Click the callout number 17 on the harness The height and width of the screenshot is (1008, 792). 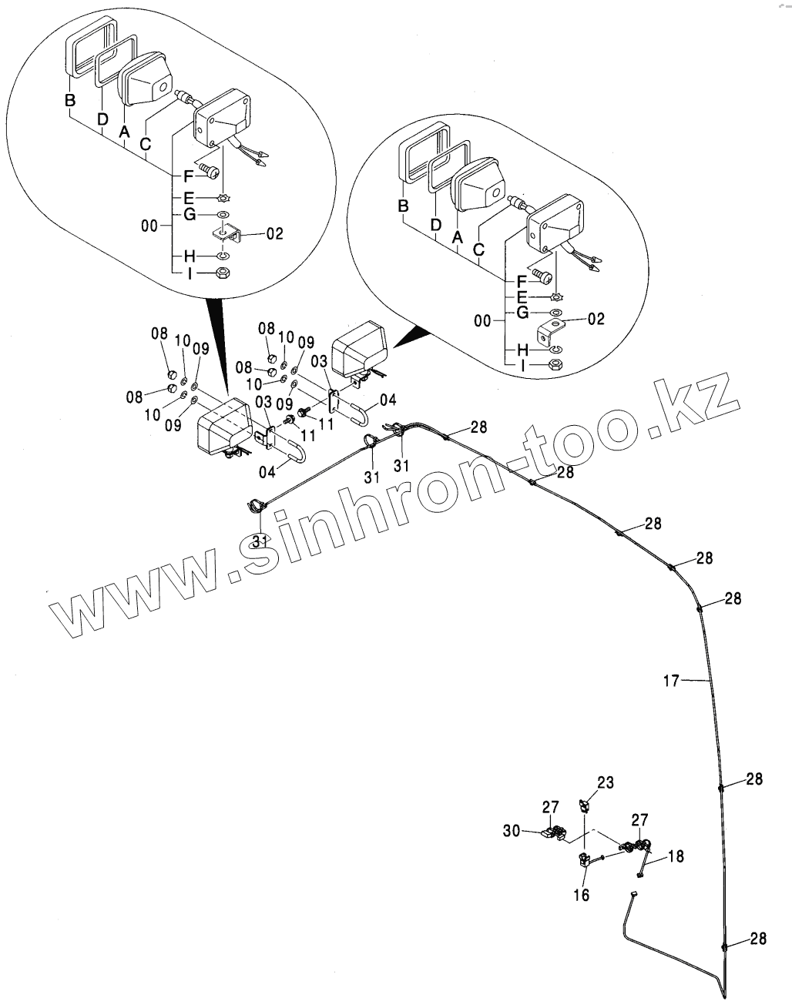tap(671, 680)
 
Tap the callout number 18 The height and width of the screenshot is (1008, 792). tap(675, 856)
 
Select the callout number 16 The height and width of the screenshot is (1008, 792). tap(581, 894)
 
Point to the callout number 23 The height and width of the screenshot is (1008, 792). tap(606, 783)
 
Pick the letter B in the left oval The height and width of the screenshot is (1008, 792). tap(70, 100)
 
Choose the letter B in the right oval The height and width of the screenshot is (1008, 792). tap(402, 206)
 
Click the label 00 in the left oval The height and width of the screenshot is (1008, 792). tap(151, 226)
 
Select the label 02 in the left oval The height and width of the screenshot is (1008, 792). tap(276, 232)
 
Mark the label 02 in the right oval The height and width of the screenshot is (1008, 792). tap(596, 318)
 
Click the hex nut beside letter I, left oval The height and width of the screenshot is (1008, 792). tap(222, 273)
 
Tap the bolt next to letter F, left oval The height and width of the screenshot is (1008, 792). tap(208, 167)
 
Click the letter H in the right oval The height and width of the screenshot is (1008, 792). tap(522, 350)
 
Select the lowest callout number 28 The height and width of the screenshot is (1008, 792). tap(758, 939)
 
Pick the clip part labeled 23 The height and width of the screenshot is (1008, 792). tap(584, 805)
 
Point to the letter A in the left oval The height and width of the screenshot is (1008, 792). tap(123, 132)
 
